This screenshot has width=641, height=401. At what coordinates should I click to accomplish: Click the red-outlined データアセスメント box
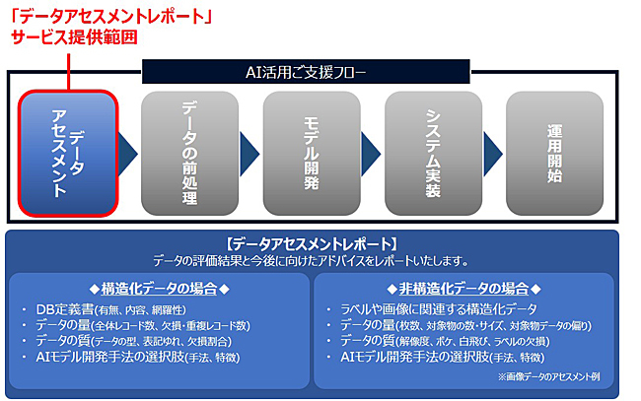point(67,154)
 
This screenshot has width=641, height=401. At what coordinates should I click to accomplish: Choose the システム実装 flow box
point(432,154)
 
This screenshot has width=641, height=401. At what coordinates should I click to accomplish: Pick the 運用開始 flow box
point(553,154)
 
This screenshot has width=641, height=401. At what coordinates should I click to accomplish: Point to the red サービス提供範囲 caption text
point(74,37)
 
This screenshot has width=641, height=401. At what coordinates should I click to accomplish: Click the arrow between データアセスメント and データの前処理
point(129,154)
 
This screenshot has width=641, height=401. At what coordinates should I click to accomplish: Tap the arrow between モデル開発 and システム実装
point(372,154)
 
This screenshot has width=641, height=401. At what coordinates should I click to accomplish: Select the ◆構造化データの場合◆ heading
point(159,288)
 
